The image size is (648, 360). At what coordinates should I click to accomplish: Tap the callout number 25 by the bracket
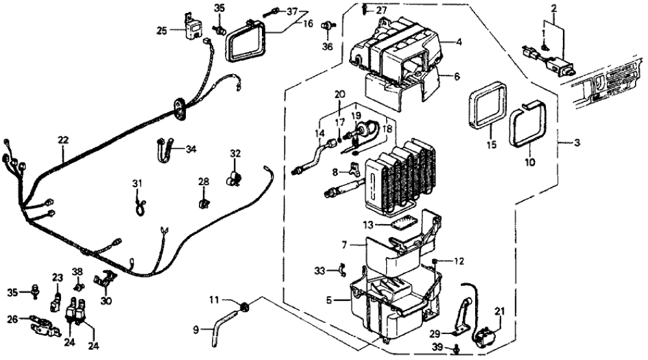[x=162, y=30]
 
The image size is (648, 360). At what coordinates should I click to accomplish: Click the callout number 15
[x=492, y=144]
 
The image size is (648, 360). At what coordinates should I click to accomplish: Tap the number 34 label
[x=190, y=149]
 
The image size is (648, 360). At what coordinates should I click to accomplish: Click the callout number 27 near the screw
[x=381, y=10]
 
